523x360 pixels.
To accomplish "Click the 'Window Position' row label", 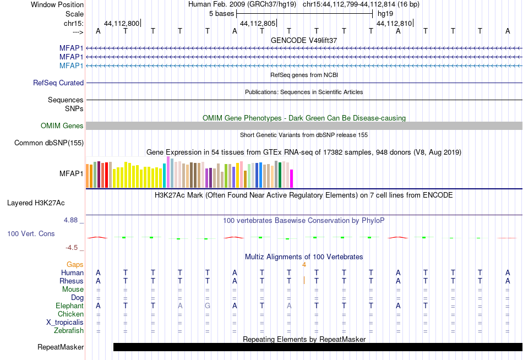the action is (57, 4).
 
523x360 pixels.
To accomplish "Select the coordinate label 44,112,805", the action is (258, 23).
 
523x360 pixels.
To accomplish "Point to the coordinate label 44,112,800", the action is (122, 23).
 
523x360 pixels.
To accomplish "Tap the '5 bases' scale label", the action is (221, 14).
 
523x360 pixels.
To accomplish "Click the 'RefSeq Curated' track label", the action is (58, 83).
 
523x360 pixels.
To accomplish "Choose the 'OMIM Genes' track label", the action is (62, 126).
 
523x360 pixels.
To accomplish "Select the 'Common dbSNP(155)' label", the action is (49, 143).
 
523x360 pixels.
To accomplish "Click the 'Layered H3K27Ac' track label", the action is (36, 203).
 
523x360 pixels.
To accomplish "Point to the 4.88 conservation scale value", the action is (70, 220).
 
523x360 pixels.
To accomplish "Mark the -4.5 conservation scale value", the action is (72, 248).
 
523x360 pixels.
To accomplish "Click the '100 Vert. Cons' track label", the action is (31, 233).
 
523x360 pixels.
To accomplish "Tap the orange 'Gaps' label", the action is (75, 265).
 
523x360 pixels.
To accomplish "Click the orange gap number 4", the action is (304, 265).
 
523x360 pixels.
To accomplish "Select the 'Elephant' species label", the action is (70, 306).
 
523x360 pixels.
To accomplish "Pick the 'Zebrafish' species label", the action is (69, 331).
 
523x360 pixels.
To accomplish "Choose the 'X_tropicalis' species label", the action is (65, 323).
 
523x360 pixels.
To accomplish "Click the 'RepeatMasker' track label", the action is (61, 347).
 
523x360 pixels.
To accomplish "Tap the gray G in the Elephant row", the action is (208, 306).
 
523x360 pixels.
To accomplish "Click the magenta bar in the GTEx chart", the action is (292, 179).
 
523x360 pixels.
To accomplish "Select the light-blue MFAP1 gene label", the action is (72, 66).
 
